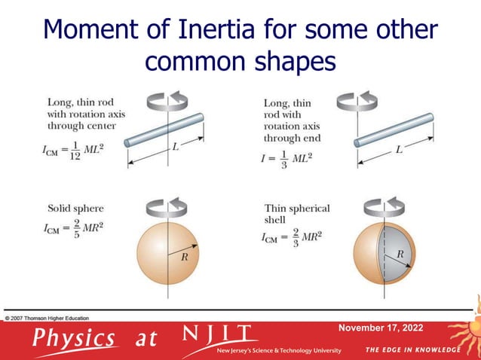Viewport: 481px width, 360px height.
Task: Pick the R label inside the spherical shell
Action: click(400, 255)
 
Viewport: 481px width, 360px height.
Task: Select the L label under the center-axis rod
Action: click(175, 148)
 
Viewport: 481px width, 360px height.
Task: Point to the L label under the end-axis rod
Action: click(399, 150)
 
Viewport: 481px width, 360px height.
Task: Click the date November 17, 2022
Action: click(381, 328)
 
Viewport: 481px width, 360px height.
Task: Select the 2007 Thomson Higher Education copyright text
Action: click(46, 318)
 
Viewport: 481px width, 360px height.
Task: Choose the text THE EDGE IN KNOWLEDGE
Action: click(412, 350)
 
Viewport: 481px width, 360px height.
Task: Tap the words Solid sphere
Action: click(75, 209)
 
